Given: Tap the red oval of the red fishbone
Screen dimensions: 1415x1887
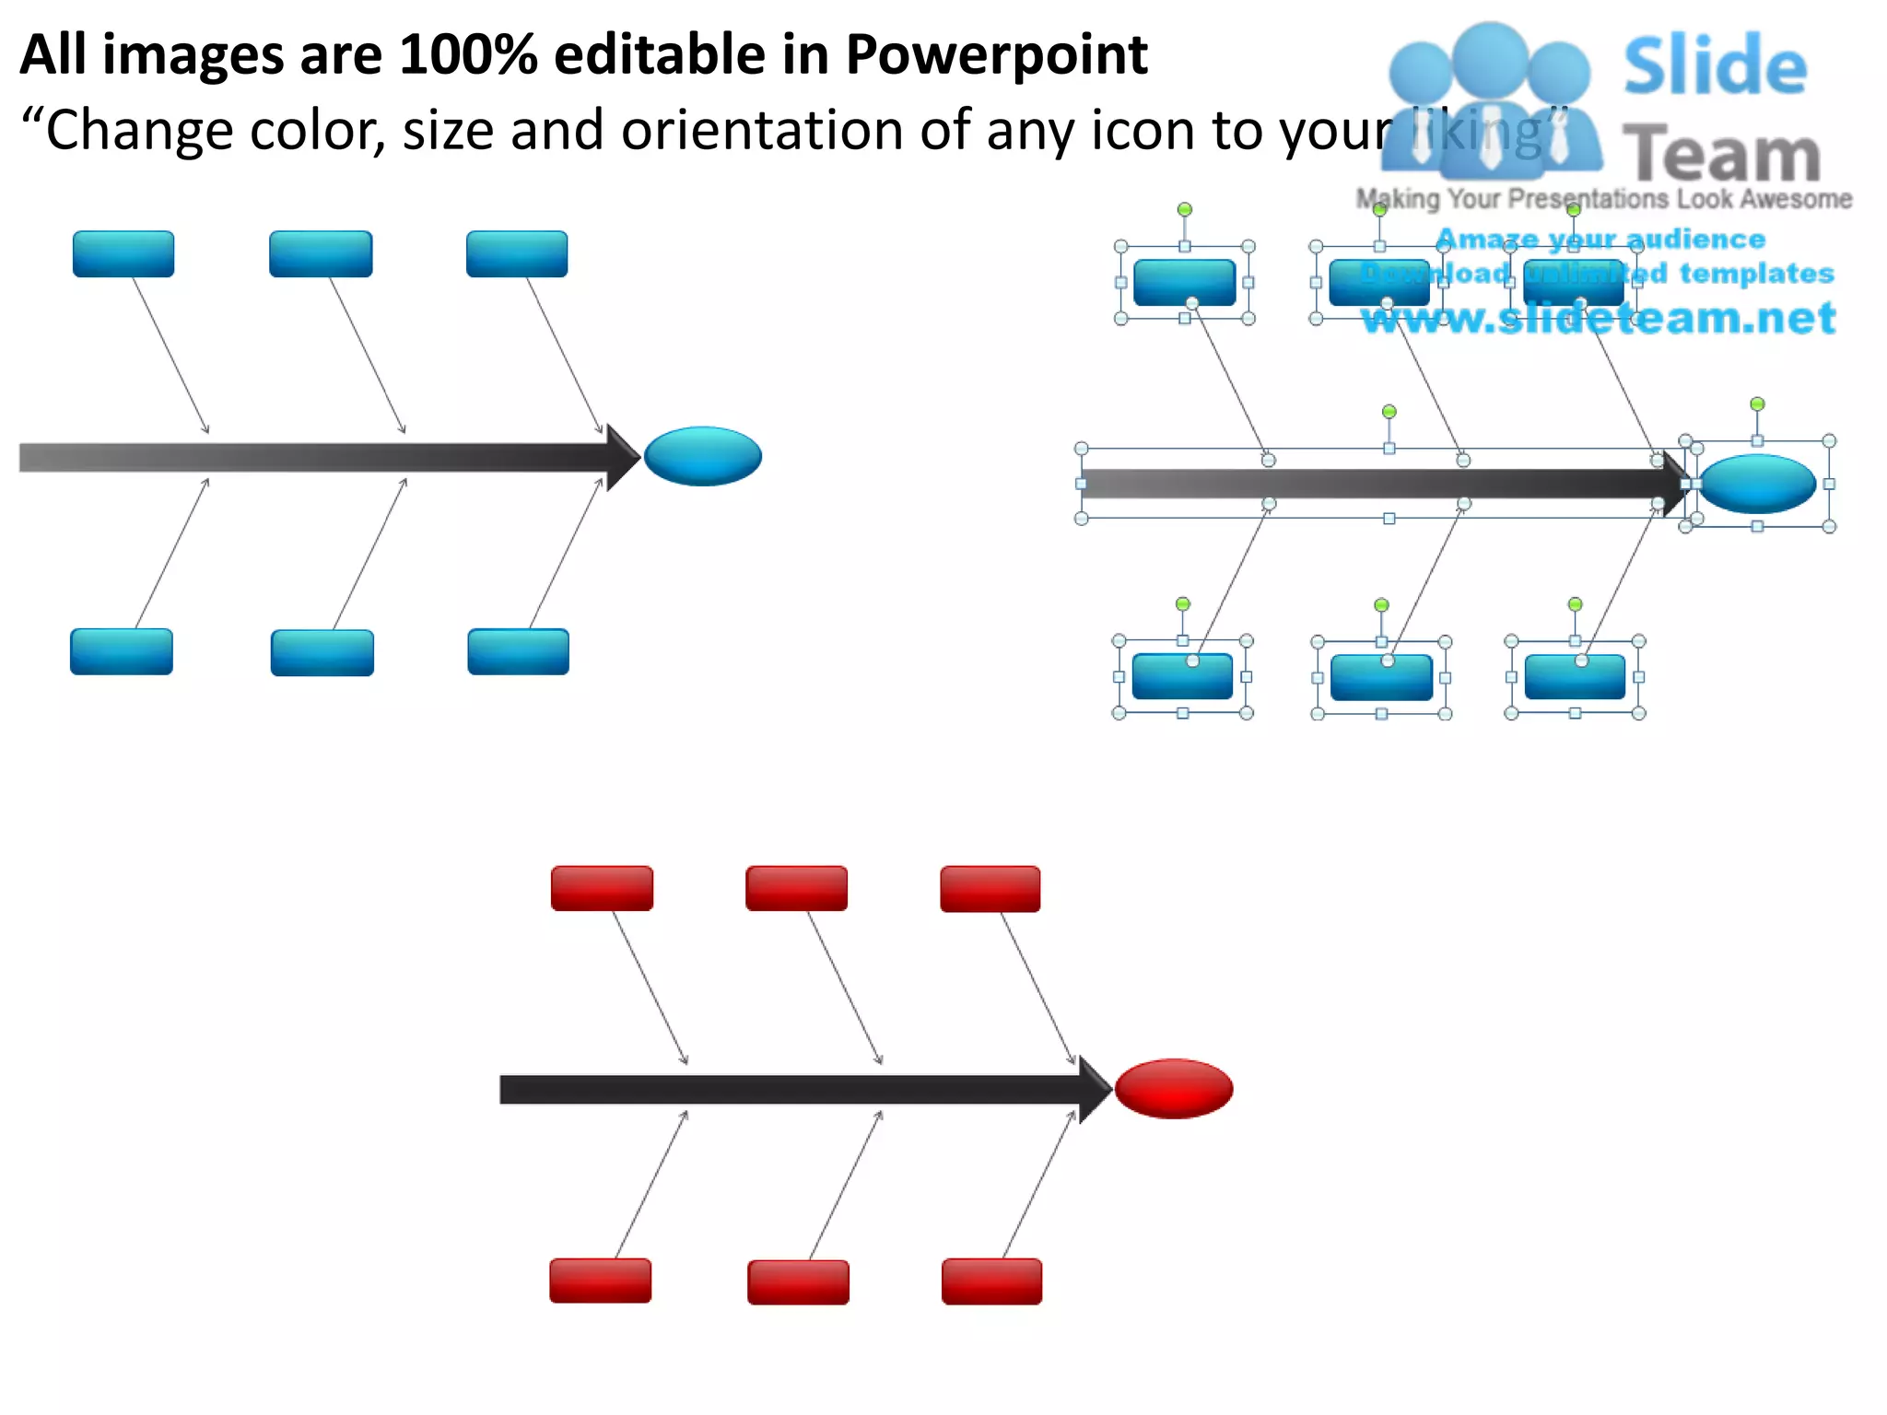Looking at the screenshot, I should (x=1173, y=1089).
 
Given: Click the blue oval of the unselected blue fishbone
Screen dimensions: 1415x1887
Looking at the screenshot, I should (x=702, y=456).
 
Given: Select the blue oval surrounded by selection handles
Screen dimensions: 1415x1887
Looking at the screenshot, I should (x=1756, y=484).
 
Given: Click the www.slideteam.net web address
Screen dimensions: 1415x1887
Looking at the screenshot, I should (x=1598, y=318).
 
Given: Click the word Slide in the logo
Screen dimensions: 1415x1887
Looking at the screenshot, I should (x=1715, y=66).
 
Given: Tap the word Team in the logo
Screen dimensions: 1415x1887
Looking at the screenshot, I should (x=1720, y=155).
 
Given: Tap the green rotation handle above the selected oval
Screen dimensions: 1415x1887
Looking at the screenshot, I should (x=1757, y=404).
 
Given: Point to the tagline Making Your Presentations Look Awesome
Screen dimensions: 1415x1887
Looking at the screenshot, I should (x=1603, y=199).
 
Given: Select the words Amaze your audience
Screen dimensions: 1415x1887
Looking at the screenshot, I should (x=1600, y=240).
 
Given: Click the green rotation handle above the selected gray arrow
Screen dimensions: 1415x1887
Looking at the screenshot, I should (x=1389, y=412).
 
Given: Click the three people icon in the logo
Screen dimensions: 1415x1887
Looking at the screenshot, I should (x=1489, y=101).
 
